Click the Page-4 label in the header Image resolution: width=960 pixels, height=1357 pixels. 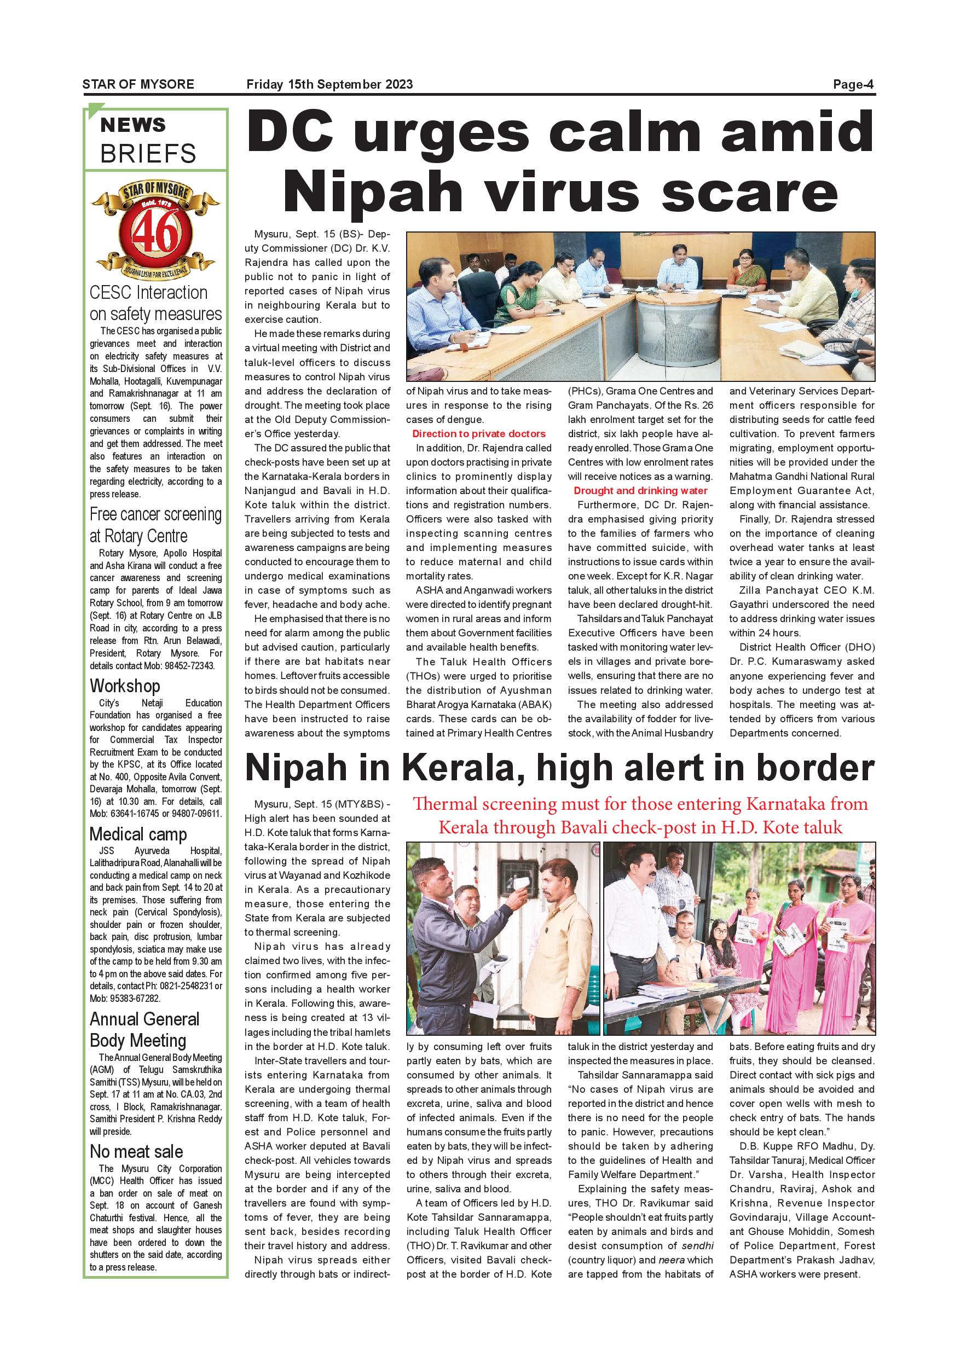[x=852, y=84]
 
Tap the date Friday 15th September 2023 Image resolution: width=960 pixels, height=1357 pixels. [x=329, y=84]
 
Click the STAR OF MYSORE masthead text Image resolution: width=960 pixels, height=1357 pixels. [x=138, y=84]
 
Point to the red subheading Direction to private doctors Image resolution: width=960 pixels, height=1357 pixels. [x=479, y=434]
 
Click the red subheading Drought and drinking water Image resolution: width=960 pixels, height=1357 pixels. [x=640, y=491]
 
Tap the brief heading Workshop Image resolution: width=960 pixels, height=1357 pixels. [x=125, y=686]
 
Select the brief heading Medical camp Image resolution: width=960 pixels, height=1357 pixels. [x=138, y=834]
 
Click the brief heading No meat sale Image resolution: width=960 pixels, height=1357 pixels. [x=136, y=1151]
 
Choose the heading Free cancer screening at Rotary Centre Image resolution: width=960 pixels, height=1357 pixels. [x=155, y=525]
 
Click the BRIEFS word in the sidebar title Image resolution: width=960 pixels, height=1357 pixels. [x=148, y=154]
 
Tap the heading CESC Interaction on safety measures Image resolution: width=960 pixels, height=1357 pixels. [x=155, y=303]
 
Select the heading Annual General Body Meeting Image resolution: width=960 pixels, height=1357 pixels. [x=144, y=1030]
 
